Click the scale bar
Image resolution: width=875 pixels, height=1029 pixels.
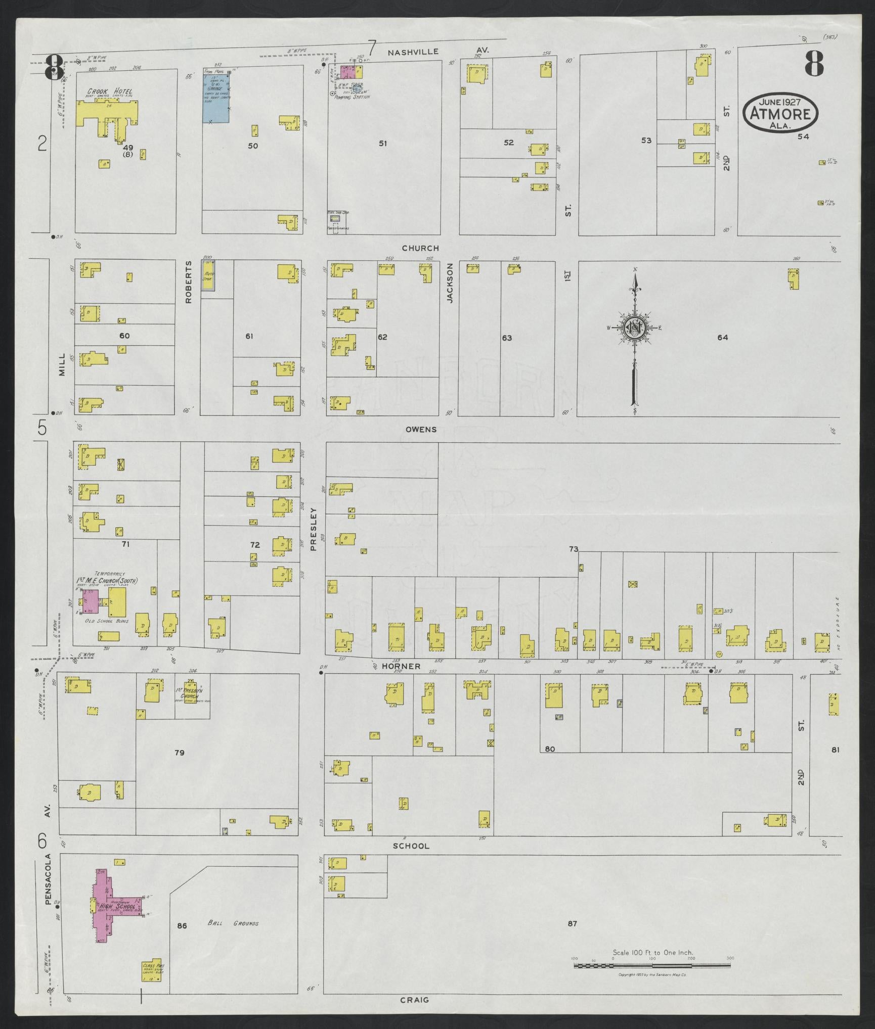tap(652, 965)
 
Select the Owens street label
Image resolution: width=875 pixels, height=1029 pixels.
tap(421, 430)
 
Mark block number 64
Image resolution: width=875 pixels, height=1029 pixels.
tap(722, 338)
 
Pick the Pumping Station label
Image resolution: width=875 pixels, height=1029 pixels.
tap(349, 97)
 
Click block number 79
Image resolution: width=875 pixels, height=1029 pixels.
tap(179, 753)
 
